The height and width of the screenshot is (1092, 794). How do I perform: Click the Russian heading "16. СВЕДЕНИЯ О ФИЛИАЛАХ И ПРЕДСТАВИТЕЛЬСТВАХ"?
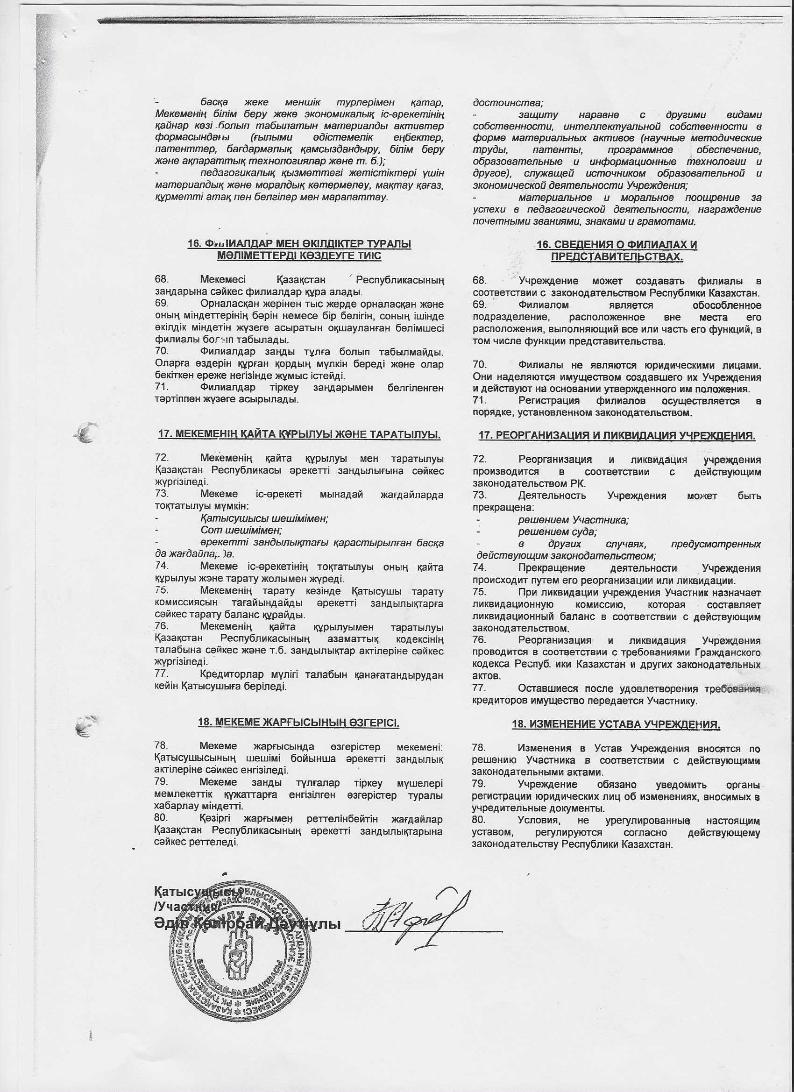point(617,250)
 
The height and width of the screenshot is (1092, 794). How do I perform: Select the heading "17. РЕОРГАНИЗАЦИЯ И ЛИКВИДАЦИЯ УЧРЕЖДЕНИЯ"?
point(617,436)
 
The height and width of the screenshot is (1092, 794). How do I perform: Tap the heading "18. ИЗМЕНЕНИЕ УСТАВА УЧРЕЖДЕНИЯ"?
point(617,724)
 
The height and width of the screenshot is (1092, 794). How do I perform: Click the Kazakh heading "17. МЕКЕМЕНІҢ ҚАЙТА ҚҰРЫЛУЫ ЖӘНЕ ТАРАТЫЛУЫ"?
point(299,435)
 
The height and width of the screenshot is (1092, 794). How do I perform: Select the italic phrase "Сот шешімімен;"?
point(241,530)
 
